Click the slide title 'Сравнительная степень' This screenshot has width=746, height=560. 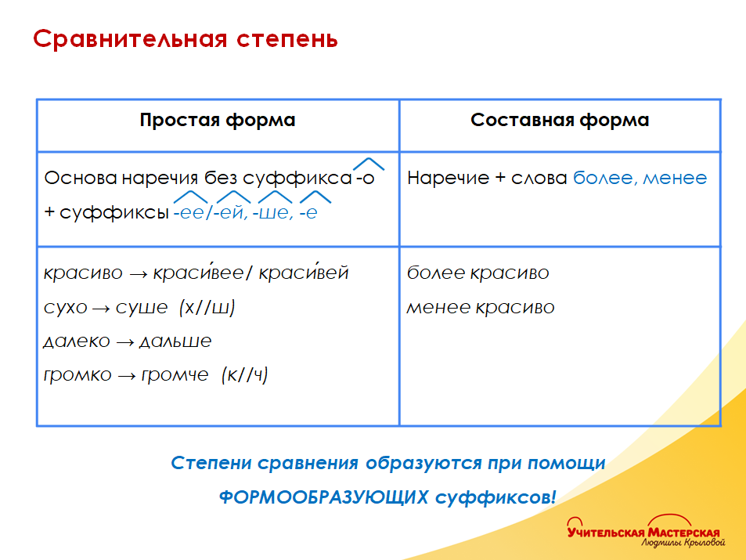(x=186, y=39)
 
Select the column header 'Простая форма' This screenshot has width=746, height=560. (x=218, y=121)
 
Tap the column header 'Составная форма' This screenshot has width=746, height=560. (x=560, y=121)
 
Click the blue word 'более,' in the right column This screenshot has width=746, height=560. (x=604, y=178)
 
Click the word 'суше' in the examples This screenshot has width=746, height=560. (x=142, y=307)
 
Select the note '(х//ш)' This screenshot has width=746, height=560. (x=207, y=307)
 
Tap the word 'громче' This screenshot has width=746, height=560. (x=175, y=375)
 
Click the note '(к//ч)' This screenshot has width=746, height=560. (x=245, y=375)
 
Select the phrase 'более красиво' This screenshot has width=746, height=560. (x=478, y=273)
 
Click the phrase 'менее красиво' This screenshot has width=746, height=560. (x=480, y=307)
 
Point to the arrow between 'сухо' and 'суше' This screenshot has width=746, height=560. (x=101, y=308)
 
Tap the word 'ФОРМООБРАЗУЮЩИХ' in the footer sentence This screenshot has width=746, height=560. (x=324, y=497)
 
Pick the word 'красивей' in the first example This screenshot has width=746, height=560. (x=304, y=273)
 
